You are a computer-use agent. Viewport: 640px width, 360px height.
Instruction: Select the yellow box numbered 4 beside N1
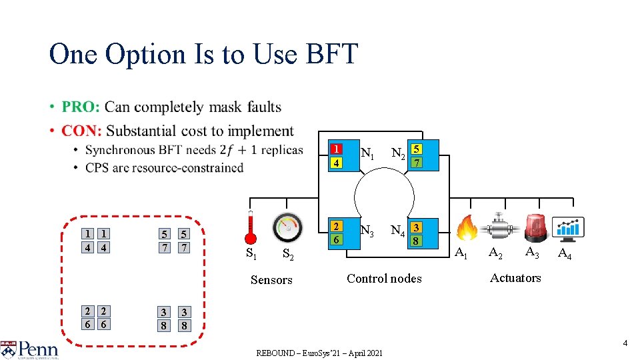pyautogui.click(x=337, y=163)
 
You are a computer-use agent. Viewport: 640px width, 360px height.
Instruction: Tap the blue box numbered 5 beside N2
pyautogui.click(x=416, y=149)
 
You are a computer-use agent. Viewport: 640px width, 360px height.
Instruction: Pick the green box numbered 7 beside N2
pyautogui.click(x=416, y=163)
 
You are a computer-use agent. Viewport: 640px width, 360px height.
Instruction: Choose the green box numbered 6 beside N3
pyautogui.click(x=337, y=239)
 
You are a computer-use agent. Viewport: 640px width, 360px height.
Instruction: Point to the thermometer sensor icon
pyautogui.click(x=251, y=227)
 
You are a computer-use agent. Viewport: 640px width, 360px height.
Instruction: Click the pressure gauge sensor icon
pyautogui.click(x=287, y=227)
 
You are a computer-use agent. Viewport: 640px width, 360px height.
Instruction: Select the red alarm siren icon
pyautogui.click(x=536, y=227)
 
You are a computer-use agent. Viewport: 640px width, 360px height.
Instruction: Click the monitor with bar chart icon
pyautogui.click(x=571, y=229)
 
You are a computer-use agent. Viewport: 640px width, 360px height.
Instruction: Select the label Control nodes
pyautogui.click(x=384, y=279)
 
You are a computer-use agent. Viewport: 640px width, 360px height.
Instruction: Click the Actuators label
pyautogui.click(x=515, y=278)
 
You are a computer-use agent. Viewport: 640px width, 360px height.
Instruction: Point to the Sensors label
pyautogui.click(x=271, y=280)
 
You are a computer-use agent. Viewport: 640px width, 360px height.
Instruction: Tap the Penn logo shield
pyautogui.click(x=9, y=349)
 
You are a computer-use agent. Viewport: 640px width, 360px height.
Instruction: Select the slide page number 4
pyautogui.click(x=625, y=343)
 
